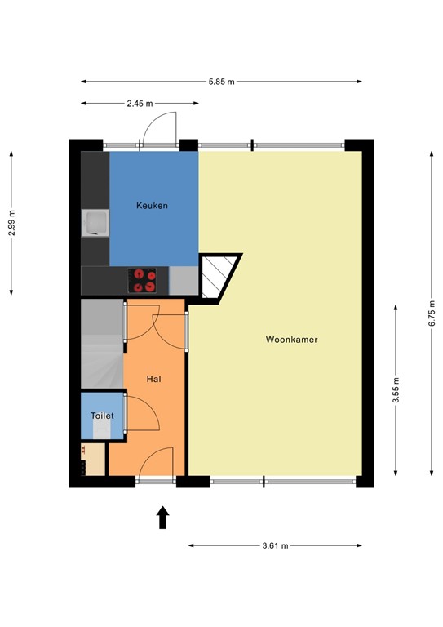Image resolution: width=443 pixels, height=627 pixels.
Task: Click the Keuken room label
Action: point(152,206)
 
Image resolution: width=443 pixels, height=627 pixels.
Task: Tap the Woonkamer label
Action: point(291,339)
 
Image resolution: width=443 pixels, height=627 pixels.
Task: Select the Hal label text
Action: point(153,380)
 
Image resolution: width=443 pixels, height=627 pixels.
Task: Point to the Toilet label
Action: point(102,416)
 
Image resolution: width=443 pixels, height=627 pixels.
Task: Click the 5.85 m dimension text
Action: point(221,81)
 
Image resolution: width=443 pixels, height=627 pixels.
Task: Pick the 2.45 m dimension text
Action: point(140,104)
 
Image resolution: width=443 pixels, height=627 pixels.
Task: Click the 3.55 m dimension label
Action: point(396,389)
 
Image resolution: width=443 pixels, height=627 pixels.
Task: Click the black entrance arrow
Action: point(162,517)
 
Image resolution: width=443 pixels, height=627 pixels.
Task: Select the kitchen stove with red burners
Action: point(144,280)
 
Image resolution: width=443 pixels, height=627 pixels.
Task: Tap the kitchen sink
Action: point(95,222)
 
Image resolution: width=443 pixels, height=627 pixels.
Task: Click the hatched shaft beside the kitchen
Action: point(218,277)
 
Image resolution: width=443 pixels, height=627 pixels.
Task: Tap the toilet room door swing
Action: point(140,412)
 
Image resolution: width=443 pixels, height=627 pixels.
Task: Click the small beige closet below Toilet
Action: point(94,460)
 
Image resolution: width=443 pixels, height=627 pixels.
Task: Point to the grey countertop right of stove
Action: point(183,280)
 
